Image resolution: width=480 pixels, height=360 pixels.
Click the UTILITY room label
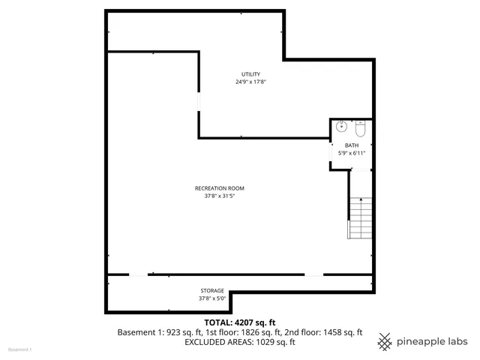250,73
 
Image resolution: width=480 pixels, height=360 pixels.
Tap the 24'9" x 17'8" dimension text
250,81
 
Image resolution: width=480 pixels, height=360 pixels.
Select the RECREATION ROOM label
219,188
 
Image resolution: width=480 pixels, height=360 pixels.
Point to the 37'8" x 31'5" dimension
219,196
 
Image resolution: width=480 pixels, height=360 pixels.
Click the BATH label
352,145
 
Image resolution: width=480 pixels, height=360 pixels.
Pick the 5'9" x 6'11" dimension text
352,153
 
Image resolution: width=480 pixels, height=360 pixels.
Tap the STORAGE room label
211,290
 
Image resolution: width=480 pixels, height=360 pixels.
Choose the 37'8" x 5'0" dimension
211,298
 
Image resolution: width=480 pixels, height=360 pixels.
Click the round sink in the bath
341,126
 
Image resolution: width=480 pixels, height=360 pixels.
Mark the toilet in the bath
360,126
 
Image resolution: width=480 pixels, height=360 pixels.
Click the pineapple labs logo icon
385,341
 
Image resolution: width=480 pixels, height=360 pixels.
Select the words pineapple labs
433,341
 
